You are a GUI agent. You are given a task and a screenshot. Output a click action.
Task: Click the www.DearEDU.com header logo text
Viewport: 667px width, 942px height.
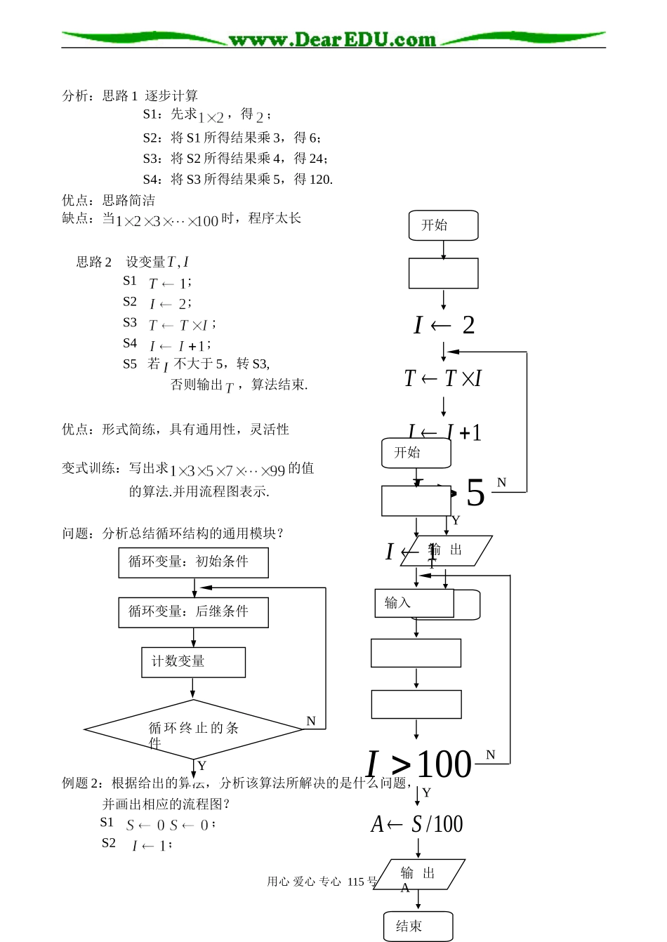point(332,39)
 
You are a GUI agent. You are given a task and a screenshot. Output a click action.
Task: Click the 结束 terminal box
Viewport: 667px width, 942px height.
point(418,926)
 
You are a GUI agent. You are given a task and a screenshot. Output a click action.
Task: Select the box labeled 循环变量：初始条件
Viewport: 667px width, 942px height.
point(193,562)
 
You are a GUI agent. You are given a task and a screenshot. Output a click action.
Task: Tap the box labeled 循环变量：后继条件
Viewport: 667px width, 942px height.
point(193,612)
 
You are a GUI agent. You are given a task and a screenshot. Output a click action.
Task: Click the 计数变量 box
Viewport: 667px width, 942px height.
point(193,662)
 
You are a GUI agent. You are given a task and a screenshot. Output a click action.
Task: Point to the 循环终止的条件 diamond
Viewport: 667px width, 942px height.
point(193,729)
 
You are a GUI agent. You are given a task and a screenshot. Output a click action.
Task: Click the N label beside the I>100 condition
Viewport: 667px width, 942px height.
point(490,755)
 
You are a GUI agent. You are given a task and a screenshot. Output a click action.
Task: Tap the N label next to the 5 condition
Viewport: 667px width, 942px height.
point(501,482)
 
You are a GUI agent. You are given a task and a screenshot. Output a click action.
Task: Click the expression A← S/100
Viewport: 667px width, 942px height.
point(417,824)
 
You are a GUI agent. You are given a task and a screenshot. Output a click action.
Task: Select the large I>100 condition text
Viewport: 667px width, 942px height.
point(418,764)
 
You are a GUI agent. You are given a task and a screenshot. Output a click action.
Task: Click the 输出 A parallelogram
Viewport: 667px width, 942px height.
point(418,875)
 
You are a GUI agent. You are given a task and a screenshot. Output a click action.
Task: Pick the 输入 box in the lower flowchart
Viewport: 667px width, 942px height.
point(414,603)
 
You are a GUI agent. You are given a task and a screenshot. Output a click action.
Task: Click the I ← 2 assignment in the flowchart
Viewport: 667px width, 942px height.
point(444,325)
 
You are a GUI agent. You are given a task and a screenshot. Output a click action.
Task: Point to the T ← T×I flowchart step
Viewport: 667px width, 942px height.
point(443,378)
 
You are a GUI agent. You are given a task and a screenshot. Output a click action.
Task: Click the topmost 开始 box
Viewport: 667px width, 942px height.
point(443,225)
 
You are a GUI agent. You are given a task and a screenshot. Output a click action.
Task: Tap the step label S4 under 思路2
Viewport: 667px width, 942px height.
point(130,343)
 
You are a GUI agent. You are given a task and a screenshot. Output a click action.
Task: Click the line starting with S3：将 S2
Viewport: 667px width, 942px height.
point(235,159)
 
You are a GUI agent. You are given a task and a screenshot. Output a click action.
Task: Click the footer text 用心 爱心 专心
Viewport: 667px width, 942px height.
point(303,882)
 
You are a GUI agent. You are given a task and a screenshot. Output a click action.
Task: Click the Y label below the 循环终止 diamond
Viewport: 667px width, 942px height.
point(202,765)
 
